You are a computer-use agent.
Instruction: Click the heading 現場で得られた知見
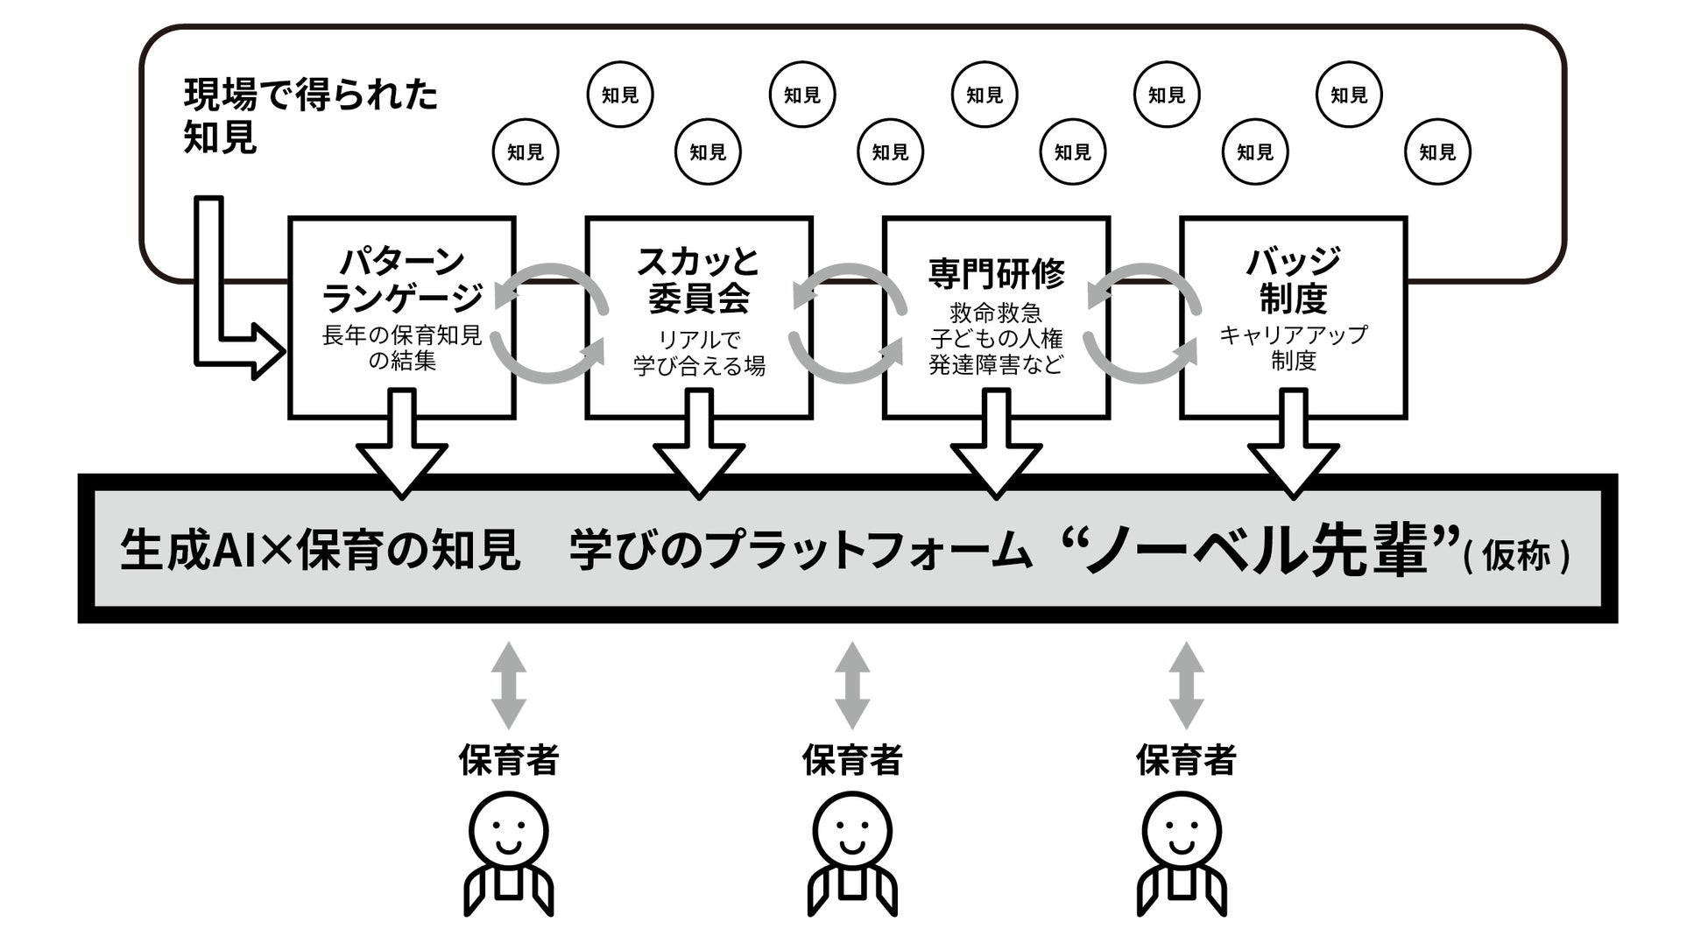click(x=310, y=116)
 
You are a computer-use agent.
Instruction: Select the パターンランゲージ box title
click(x=402, y=279)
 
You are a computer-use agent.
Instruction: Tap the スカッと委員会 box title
click(x=698, y=279)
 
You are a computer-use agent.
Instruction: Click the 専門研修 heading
click(x=996, y=274)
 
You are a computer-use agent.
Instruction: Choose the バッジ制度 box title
click(x=1293, y=279)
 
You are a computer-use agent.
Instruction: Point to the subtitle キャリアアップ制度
click(x=1293, y=348)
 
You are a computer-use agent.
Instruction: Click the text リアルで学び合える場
click(x=698, y=353)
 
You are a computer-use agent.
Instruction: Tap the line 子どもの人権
click(x=996, y=339)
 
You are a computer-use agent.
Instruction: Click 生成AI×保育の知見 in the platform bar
click(x=320, y=552)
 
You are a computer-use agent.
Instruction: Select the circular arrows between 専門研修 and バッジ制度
click(x=1143, y=323)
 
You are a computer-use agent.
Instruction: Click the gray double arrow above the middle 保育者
click(x=851, y=686)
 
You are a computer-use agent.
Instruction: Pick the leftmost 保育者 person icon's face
click(x=508, y=831)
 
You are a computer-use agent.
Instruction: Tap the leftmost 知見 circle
click(x=526, y=152)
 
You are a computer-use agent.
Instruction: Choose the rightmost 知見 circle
click(x=1436, y=152)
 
